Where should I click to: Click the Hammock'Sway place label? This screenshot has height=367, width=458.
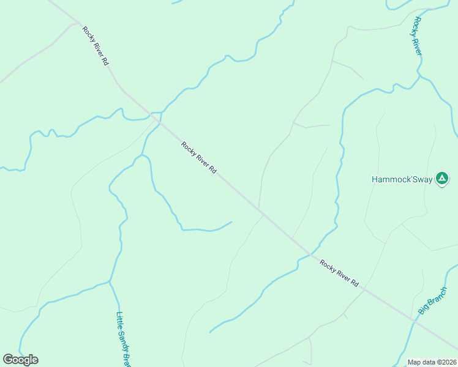pyautogui.click(x=402, y=180)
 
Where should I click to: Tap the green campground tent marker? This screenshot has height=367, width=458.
pyautogui.click(x=441, y=179)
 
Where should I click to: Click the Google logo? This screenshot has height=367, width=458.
pyautogui.click(x=20, y=360)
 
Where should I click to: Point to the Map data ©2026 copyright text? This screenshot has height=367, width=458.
pyautogui.click(x=432, y=362)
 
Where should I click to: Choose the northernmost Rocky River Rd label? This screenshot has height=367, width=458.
pyautogui.click(x=96, y=46)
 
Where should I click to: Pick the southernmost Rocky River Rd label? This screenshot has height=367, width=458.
pyautogui.click(x=339, y=272)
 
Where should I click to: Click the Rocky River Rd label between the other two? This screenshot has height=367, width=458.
pyautogui.click(x=199, y=158)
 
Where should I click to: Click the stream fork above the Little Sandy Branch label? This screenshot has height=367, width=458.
pyautogui.click(x=110, y=281)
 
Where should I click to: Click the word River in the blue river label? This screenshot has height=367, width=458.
pyautogui.click(x=419, y=45)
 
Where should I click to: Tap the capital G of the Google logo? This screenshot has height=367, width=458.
pyautogui.click(x=8, y=360)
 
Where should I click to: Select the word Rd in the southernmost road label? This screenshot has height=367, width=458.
pyautogui.click(x=354, y=283)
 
